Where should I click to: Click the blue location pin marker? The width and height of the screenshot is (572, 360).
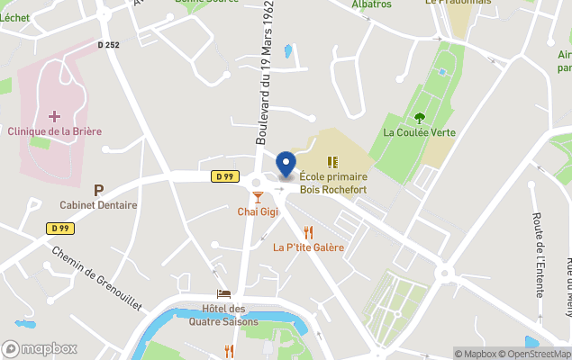pos(286,165)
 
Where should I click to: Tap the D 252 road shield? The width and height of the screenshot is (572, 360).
pos(108,44)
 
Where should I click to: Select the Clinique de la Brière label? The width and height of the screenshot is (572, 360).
pos(54,131)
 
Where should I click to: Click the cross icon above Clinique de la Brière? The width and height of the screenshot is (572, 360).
pos(54,116)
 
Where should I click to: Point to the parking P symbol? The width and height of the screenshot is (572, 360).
pos(98,190)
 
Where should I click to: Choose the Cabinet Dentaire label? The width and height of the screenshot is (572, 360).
pos(98,205)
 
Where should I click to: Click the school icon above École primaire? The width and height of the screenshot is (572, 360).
pos(332,162)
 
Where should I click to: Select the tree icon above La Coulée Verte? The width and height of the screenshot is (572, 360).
pos(419,117)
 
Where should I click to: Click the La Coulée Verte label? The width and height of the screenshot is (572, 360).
pos(419,132)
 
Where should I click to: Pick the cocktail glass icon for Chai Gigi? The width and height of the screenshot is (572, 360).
pos(258,196)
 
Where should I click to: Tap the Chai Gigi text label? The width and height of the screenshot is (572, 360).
pos(258,211)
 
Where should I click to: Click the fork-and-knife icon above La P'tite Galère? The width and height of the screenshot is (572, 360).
pos(308,231)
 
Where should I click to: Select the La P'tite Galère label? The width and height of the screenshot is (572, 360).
pos(308,247)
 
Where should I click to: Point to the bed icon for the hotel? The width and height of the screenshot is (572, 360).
pos(223,294)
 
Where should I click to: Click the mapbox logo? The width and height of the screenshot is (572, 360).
pos(40,348)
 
